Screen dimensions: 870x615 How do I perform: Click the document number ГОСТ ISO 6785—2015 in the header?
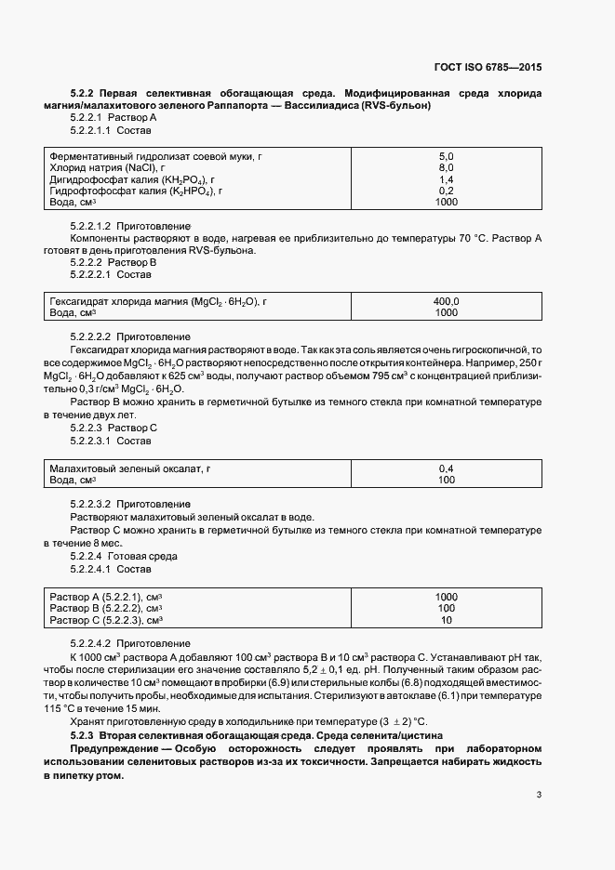point(488,68)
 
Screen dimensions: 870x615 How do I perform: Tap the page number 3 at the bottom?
point(539,794)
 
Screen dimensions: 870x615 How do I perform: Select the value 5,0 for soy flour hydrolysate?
point(446,156)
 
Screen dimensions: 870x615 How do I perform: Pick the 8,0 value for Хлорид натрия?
point(446,167)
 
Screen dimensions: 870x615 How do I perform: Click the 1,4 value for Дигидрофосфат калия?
point(446,179)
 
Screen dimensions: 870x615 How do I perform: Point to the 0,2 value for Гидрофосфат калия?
point(446,191)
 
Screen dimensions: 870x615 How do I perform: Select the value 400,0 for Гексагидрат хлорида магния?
point(446,302)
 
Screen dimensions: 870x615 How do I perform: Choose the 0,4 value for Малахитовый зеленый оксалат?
point(446,469)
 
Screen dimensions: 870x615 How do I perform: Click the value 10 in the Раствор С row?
point(446,620)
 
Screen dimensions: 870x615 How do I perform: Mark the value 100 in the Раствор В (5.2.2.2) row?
point(446,608)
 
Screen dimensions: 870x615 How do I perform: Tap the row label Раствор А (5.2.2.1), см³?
point(106,597)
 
